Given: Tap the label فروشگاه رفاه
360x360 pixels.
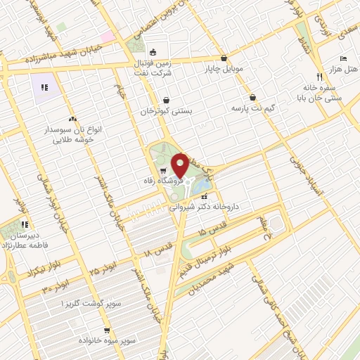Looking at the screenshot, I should coord(182,179).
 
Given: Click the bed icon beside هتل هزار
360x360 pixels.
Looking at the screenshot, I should coord(342,58).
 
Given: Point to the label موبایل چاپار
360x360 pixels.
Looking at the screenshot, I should coord(224,70).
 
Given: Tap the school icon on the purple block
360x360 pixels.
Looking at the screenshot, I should coord(44,88).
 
